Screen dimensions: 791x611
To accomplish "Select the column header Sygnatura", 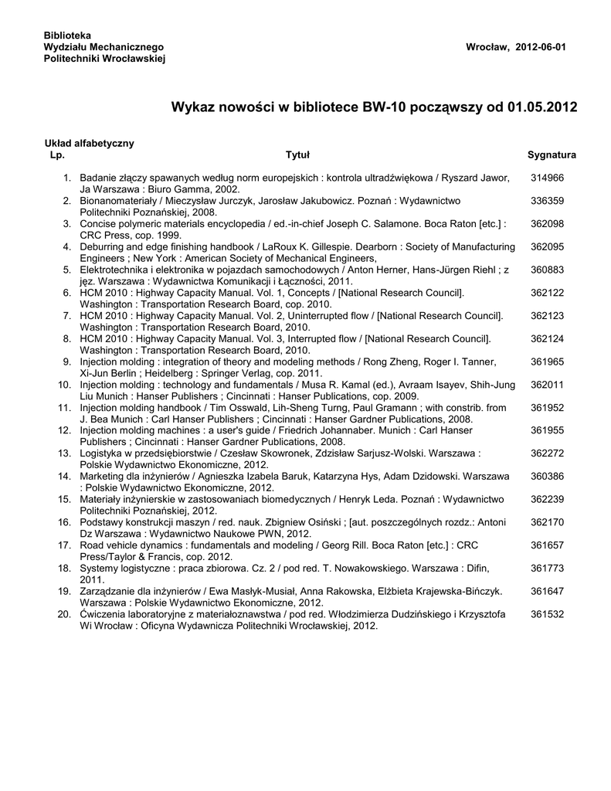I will point(552,155).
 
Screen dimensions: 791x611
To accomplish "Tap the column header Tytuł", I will point(297,155).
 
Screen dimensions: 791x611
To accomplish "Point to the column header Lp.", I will point(56,155).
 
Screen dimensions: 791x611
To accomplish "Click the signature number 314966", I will point(548,178).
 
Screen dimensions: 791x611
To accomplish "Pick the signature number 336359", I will point(548,201).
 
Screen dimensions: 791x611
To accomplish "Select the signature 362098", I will point(548,224).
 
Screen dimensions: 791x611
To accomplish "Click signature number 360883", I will point(548,270).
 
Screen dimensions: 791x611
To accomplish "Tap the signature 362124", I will point(548,338).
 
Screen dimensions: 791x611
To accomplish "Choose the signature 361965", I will point(548,362).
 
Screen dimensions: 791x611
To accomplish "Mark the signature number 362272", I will point(548,453).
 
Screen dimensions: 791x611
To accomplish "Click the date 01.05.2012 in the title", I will point(541,107).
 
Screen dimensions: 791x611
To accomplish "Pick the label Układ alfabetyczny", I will point(89,144).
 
